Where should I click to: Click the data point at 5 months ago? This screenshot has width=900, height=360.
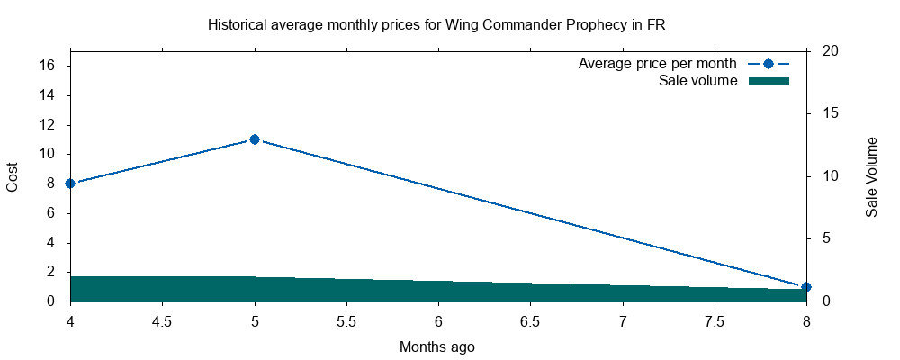[255, 139]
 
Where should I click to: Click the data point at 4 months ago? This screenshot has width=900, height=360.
[70, 184]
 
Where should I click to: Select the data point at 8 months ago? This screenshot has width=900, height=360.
[806, 287]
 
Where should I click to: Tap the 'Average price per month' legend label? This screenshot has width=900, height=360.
[658, 64]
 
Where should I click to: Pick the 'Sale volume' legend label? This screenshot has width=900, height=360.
[698, 81]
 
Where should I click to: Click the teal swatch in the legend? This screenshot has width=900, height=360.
[769, 81]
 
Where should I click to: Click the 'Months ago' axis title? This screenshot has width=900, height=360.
[437, 346]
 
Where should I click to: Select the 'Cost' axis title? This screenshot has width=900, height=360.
[13, 176]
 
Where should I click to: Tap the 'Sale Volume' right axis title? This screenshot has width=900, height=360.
[871, 176]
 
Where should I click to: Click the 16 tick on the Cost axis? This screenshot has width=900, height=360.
[49, 66]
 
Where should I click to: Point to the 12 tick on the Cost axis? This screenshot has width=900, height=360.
[49, 125]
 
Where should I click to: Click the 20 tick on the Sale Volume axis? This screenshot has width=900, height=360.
[831, 51]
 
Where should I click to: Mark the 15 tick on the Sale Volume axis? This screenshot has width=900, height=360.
[831, 113]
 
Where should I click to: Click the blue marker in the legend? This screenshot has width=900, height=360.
[769, 64]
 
